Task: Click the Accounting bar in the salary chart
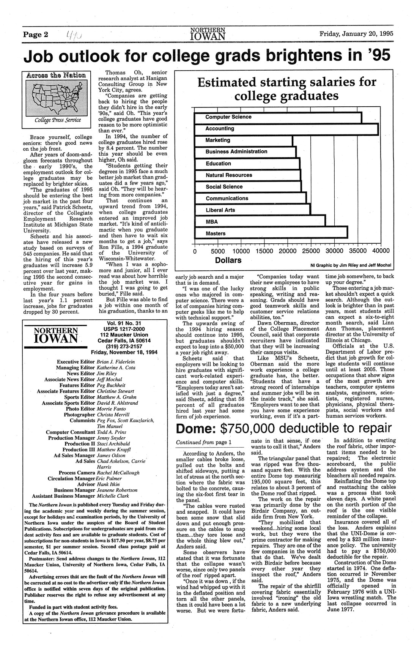coord(286,129)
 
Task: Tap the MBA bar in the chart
coord(260,222)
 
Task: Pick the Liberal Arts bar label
coord(220,210)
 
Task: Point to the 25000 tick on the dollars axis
coord(310,251)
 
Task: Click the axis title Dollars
coord(228,260)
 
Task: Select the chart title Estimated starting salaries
coord(286,89)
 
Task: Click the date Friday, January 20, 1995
coord(356,33)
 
